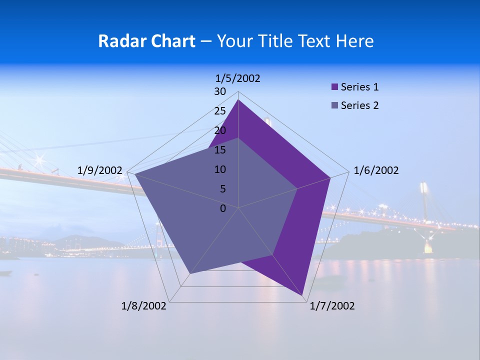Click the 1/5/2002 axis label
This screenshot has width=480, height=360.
click(x=237, y=78)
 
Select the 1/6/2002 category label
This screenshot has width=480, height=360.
click(x=376, y=170)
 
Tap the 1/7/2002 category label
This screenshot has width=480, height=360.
click(x=332, y=305)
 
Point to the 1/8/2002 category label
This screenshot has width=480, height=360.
click(x=144, y=305)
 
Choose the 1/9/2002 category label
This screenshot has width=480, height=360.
click(x=99, y=170)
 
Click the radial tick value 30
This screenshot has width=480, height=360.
click(x=220, y=91)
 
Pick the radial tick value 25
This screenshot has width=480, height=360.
click(x=220, y=111)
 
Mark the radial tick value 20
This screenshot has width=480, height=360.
click(x=220, y=130)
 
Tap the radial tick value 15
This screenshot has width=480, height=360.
click(x=220, y=150)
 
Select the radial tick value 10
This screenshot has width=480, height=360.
click(x=220, y=169)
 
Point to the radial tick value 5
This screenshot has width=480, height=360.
click(x=222, y=189)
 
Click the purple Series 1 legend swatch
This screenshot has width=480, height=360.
click(x=334, y=87)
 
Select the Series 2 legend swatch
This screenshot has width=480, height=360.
click(x=334, y=105)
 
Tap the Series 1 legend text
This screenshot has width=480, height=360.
click(x=359, y=87)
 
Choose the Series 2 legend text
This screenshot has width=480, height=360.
click(x=359, y=105)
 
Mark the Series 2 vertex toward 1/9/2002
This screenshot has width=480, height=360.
click(x=134, y=174)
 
